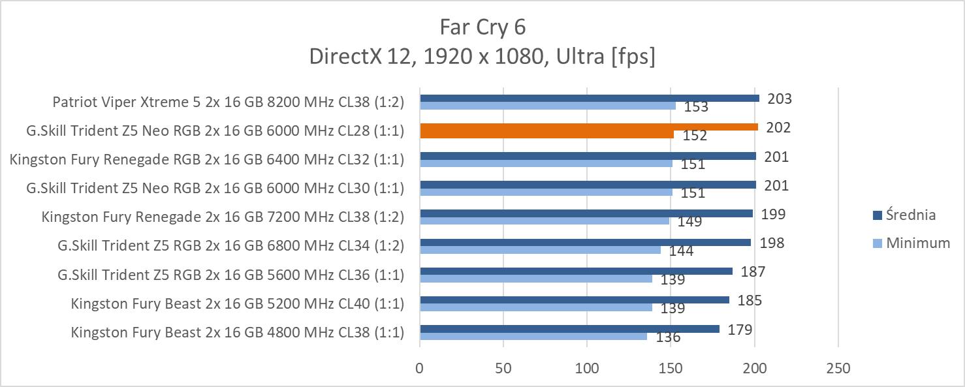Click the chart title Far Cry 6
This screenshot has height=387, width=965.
tap(483, 27)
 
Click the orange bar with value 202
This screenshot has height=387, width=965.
tap(589, 127)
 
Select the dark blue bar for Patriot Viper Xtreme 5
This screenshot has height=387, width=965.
tap(589, 99)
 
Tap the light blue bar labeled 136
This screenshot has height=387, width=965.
tap(533, 336)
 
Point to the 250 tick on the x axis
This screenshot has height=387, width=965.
tap(838, 368)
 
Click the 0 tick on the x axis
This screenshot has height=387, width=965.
tap(420, 368)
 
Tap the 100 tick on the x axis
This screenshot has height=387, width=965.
tap(587, 368)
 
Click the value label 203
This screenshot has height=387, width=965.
tap(780, 99)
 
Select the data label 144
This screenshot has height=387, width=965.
tap(681, 251)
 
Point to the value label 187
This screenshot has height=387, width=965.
tap(753, 271)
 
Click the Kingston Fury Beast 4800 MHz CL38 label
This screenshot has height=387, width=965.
tap(238, 332)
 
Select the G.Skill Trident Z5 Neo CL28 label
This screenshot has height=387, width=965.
tap(215, 131)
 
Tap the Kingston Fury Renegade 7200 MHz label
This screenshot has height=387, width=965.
tap(223, 217)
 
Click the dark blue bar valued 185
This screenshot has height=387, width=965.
tap(574, 300)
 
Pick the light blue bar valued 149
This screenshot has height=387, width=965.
tap(545, 221)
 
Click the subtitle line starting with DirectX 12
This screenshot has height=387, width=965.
tap(483, 57)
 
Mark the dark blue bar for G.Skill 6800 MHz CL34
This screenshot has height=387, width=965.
tap(585, 243)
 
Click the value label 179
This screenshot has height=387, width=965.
tap(740, 330)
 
